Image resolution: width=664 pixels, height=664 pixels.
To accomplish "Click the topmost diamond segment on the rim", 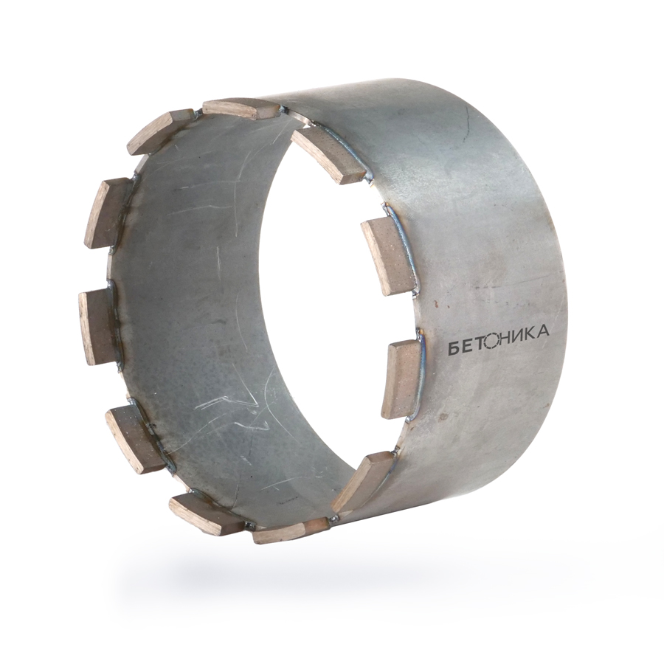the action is [x=242, y=109].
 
